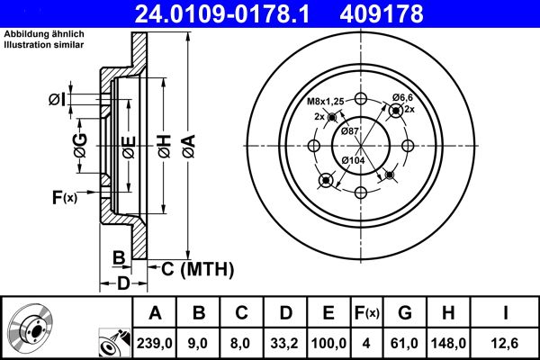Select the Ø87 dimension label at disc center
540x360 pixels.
[x=350, y=131]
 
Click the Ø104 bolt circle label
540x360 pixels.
[x=351, y=161]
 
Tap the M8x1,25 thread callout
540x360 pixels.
[x=326, y=101]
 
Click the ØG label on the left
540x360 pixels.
[x=80, y=146]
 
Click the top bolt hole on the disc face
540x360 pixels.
[x=361, y=100]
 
